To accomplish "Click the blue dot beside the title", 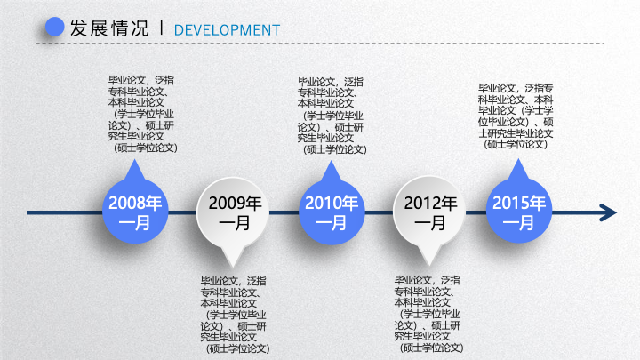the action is (55, 27).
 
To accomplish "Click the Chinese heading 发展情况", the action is (109, 28).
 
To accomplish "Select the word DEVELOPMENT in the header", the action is (227, 30).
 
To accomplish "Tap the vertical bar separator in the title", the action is (162, 28).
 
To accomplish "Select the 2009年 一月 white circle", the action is (233, 212).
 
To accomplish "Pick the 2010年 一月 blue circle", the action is (332, 212).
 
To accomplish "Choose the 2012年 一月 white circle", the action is (429, 212).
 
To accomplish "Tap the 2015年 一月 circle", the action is (519, 211).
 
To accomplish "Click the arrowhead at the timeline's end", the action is (608, 212).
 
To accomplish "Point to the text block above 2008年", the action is (143, 114).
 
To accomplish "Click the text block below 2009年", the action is (235, 315).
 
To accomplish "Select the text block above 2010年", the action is (332, 116).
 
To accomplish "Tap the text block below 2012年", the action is (429, 314).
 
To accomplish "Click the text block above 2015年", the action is (516, 116).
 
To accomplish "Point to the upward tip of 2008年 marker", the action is (135, 160).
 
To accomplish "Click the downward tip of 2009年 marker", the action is (233, 268).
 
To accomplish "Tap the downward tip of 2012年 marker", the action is (429, 266).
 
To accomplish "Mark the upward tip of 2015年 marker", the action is (519, 159).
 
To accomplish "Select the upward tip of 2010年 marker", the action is (331, 161).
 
